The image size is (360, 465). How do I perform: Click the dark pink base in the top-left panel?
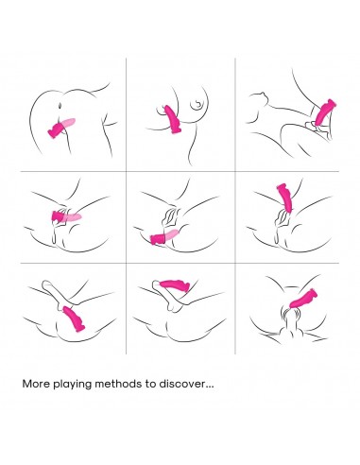[56, 129]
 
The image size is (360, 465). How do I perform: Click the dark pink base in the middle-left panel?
[57, 215]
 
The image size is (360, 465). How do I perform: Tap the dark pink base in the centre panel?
[157, 239]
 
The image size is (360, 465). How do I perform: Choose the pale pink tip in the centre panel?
[171, 234]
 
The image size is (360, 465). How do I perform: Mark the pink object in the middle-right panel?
[285, 198]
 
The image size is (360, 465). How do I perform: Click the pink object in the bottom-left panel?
[74, 319]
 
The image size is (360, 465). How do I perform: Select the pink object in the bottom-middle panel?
[175, 284]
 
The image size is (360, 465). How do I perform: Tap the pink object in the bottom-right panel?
[303, 298]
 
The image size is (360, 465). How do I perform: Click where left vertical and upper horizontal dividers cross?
[126, 172]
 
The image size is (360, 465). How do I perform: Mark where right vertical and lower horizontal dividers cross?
[235, 263]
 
